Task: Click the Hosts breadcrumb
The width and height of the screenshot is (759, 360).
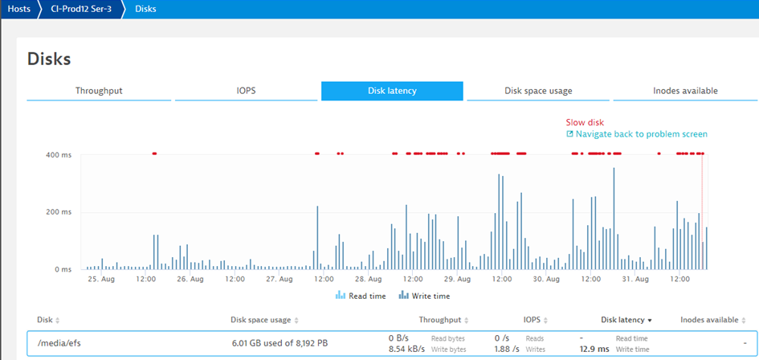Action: click(x=19, y=9)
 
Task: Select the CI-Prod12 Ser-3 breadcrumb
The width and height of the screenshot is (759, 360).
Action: click(x=81, y=9)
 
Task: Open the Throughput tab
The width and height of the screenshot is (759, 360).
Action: click(x=99, y=91)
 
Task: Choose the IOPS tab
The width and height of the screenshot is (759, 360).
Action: click(x=246, y=91)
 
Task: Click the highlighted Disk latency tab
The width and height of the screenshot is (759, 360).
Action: click(x=392, y=91)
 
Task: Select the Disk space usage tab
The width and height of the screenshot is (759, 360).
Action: click(x=538, y=91)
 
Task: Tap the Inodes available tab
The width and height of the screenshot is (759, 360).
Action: click(x=684, y=91)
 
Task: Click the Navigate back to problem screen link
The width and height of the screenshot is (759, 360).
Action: click(x=641, y=134)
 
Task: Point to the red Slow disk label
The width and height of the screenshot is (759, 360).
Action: click(x=584, y=122)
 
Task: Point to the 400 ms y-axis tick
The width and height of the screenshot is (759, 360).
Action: click(x=59, y=154)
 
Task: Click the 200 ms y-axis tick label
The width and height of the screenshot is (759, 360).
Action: click(x=59, y=212)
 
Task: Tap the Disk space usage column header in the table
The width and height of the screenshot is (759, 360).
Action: click(x=260, y=320)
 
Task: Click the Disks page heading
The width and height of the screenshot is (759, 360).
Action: click(x=49, y=59)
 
